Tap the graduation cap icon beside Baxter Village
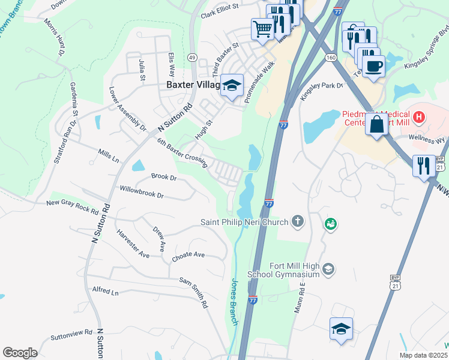pyautogui.click(x=231, y=85)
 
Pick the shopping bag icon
pyautogui.click(x=376, y=125)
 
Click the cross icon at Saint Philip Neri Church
pyautogui.click(x=298, y=222)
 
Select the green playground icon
pyautogui.click(x=330, y=224)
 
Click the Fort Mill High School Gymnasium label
pyautogui.click(x=285, y=270)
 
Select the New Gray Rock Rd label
pyautogui.click(x=73, y=206)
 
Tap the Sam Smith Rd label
pyautogui.click(x=194, y=292)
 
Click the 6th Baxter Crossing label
pyautogui.click(x=181, y=152)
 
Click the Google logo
pyautogui.click(x=20, y=352)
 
